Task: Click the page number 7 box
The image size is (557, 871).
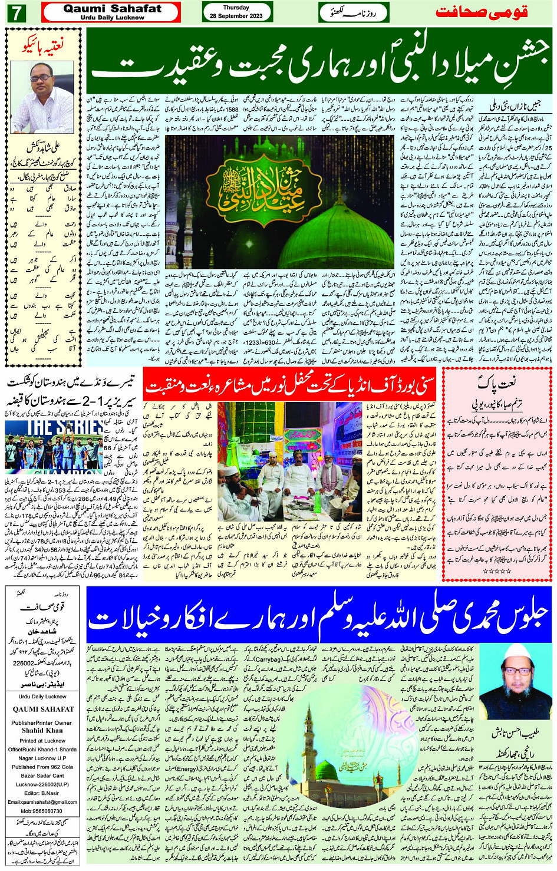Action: coord(16,12)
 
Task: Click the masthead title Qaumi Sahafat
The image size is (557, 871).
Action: coord(112,8)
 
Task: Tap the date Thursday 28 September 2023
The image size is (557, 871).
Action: coord(236,12)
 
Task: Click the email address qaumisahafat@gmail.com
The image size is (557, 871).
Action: coord(42,801)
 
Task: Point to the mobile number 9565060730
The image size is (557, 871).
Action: coord(42,811)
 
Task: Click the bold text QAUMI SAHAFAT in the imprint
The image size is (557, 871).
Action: coord(43,710)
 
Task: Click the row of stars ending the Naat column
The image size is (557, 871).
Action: coord(496,571)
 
